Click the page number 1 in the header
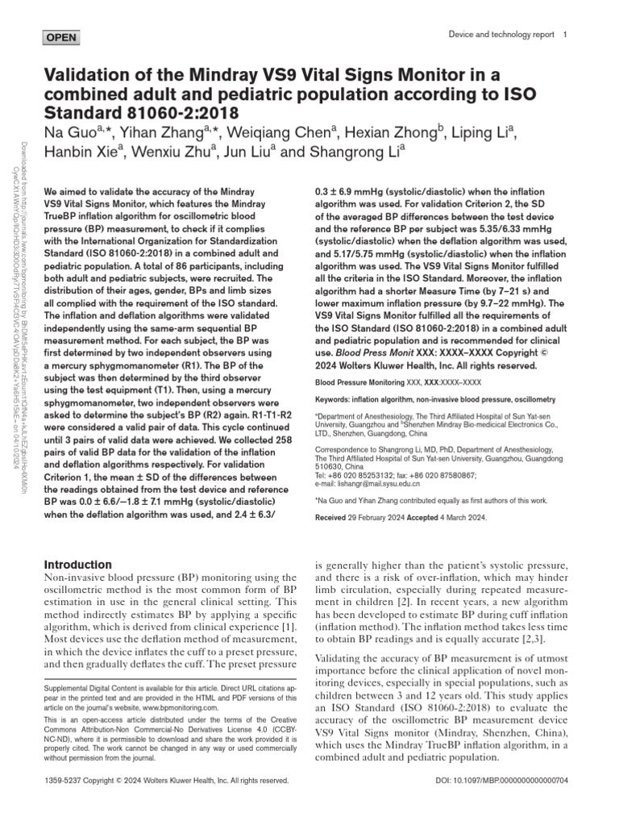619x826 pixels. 566,35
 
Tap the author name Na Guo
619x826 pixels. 69,132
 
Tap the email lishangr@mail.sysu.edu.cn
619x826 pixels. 378,483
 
